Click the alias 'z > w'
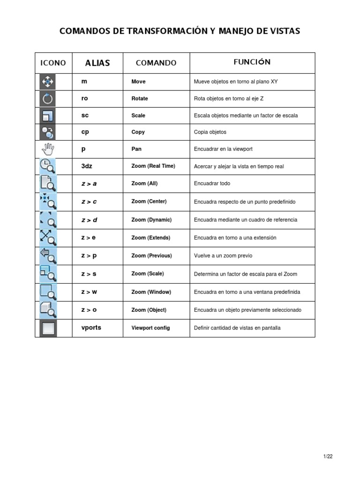coord(89,292)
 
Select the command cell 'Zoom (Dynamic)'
coord(151,219)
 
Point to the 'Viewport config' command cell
coord(150,328)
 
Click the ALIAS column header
coord(97,63)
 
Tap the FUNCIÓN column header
coord(252,62)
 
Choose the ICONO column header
coord(53,63)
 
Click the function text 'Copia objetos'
coord(210,132)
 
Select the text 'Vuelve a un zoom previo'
coord(223,255)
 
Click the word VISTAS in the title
coord(283,31)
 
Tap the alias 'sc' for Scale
coord(85,115)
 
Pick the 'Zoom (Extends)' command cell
coord(151,238)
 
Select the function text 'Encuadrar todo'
coord(212,184)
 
